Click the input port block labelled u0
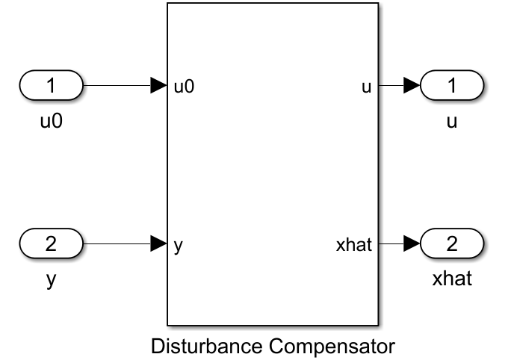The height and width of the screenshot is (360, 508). pos(52,87)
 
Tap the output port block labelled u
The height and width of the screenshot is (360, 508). pos(452,87)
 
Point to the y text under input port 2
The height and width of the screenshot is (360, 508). pos(51,282)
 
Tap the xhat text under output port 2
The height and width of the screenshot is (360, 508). pos(451,280)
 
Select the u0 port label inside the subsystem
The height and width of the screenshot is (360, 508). pos(184,87)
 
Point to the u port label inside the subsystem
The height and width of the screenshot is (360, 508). pos(366,87)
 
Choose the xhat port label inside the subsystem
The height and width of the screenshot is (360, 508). pos(355,243)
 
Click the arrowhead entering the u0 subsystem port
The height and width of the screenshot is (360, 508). pos(159,87)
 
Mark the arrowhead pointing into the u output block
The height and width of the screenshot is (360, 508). pos(412,87)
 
